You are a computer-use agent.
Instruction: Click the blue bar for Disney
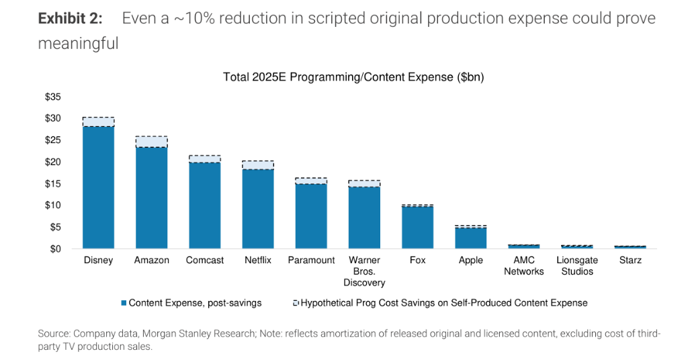(x=98, y=188)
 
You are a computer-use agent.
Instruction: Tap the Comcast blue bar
(x=204, y=206)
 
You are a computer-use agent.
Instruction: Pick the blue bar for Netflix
(x=257, y=209)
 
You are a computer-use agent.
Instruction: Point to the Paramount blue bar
(x=310, y=216)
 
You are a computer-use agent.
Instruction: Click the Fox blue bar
(x=417, y=228)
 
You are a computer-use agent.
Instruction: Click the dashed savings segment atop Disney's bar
(x=98, y=122)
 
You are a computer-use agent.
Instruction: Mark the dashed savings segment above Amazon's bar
(x=151, y=142)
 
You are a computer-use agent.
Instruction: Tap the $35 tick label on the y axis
(x=53, y=97)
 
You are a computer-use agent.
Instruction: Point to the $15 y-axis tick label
(x=53, y=184)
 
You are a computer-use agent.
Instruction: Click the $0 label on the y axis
(x=56, y=249)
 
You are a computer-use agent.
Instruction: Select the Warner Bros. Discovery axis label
(x=364, y=271)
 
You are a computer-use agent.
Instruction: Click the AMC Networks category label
(x=523, y=266)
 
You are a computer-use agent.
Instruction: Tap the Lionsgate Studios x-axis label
(x=577, y=266)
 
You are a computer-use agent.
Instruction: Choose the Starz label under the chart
(x=630, y=261)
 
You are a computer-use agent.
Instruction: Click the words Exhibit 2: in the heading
(x=71, y=19)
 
